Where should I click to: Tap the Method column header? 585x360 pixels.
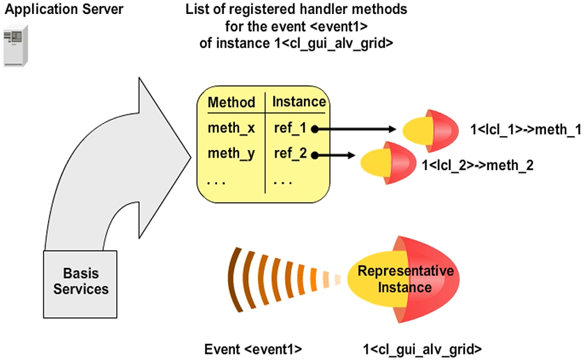click(x=231, y=103)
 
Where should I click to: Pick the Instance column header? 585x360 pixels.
click(x=298, y=102)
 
